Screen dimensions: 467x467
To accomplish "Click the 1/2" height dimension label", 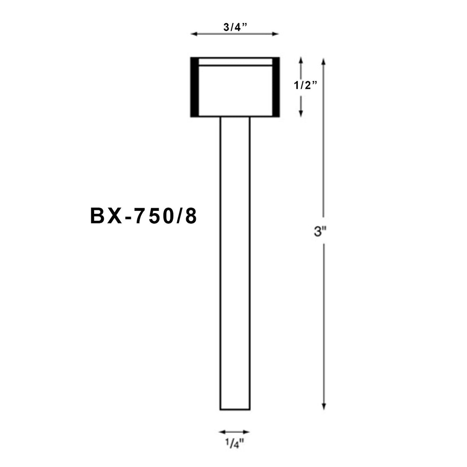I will pyautogui.click(x=305, y=86).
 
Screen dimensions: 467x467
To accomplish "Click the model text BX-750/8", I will pyautogui.click(x=143, y=217).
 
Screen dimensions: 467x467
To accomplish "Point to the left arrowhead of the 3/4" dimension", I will pyautogui.click(x=193, y=34).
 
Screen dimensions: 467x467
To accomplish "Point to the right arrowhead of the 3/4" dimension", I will pyautogui.click(x=276, y=34).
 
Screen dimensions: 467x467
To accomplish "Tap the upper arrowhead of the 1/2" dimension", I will pyautogui.click(x=301, y=60).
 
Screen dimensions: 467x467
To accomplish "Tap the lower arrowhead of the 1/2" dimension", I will pyautogui.click(x=301, y=113).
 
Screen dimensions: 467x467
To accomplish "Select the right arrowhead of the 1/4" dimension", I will pyautogui.click(x=247, y=432).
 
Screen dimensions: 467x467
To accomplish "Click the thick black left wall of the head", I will pyautogui.click(x=194, y=87).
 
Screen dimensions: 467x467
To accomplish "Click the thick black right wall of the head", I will pyautogui.click(x=276, y=87).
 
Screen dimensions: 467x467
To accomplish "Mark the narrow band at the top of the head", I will pyautogui.click(x=235, y=62).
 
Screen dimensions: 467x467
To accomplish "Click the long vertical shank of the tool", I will pyautogui.click(x=235, y=262).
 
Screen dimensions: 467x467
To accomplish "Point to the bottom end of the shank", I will pyautogui.click(x=235, y=409).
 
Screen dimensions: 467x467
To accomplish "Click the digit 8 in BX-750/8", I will pyautogui.click(x=191, y=217).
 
